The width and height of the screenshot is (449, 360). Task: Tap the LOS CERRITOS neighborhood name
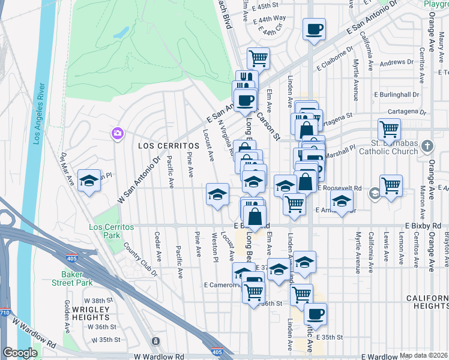tap(169, 146)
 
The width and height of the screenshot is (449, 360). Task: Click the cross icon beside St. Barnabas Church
tap(427, 146)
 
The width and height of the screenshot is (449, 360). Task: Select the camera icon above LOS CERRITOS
tap(117, 133)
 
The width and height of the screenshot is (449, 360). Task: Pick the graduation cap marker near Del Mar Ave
tap(89, 181)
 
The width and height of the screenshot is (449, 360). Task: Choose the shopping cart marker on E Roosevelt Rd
tap(391, 185)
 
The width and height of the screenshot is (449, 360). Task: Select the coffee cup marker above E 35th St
tap(315, 313)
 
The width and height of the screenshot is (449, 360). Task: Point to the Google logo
tap(20, 353)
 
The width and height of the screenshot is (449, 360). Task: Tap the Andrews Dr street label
tap(393, 62)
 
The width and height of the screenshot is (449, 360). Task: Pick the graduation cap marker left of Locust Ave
tap(217, 193)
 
